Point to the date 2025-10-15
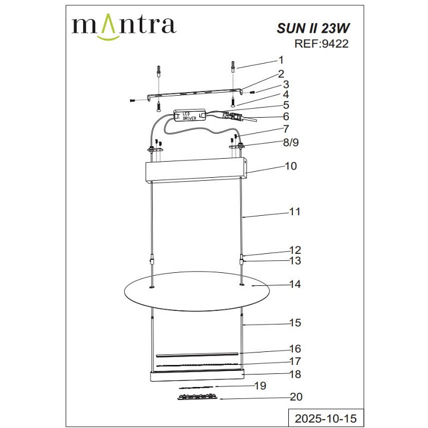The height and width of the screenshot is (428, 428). coord(325,418)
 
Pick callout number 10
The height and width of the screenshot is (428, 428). coord(290,167)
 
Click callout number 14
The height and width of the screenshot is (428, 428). coord(295,284)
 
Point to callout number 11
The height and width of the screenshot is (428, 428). coord(294,212)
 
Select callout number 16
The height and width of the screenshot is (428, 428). coord(295,348)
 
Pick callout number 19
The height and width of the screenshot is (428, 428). coord(258,386)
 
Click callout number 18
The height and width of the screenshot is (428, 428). coord(295,374)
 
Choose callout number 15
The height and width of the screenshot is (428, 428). coord(295,323)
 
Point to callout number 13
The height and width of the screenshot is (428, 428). coord(295,260)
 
